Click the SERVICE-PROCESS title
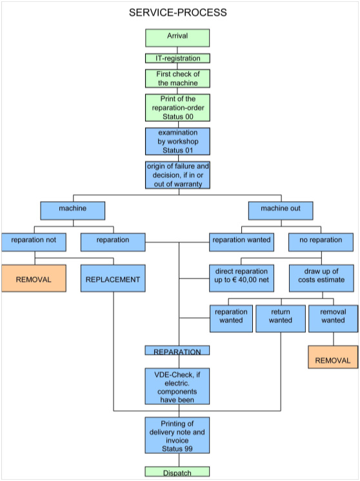pyautogui.click(x=177, y=13)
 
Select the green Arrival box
pyautogui.click(x=177, y=38)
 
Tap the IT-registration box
pyautogui.click(x=177, y=58)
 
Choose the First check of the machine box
pyautogui.click(x=177, y=79)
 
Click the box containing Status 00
pyautogui.click(x=177, y=108)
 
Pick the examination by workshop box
pyautogui.click(x=177, y=141)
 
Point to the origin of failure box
pyautogui.click(x=177, y=175)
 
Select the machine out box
pyautogui.click(x=281, y=211)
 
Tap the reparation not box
pyautogui.click(x=34, y=242)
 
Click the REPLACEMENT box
pyautogui.click(x=113, y=279)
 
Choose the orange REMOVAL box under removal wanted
pyautogui.click(x=333, y=357)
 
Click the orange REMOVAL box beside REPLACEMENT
pyautogui.click(x=34, y=279)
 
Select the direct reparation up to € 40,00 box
pyautogui.click(x=241, y=279)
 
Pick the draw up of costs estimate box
pyautogui.click(x=321, y=279)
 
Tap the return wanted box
pyautogui.click(x=281, y=319)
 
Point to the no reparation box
pyautogui.click(x=321, y=242)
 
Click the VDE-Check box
pyautogui.click(x=177, y=386)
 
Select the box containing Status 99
pyautogui.click(x=177, y=435)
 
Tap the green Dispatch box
pyautogui.click(x=177, y=471)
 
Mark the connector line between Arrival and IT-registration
pyautogui.click(x=177, y=50)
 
